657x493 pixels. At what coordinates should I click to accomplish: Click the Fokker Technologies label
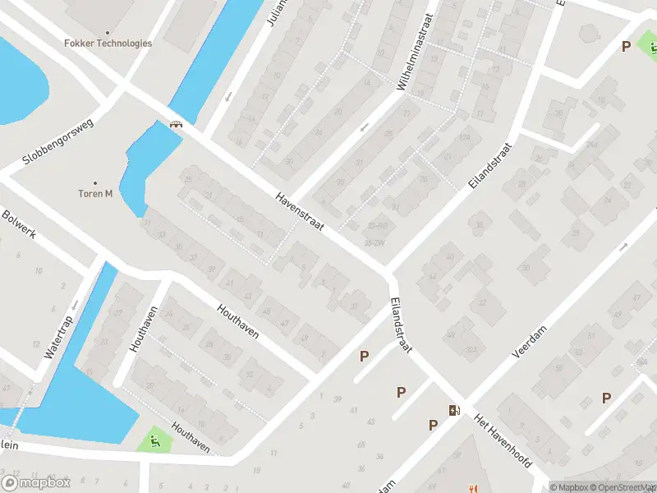[x=108, y=43]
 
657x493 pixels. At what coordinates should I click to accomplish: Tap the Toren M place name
[x=96, y=194]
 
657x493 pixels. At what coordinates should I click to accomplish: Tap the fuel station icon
[x=453, y=410]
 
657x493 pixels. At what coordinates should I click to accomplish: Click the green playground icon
[x=154, y=441]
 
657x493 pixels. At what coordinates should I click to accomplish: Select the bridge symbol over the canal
[x=175, y=125]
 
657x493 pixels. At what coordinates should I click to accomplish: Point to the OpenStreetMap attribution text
[x=616, y=487]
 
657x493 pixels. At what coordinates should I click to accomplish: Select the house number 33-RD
[x=379, y=225]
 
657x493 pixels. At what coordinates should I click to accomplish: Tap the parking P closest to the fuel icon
[x=433, y=425]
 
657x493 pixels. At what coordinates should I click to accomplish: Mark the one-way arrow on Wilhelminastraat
[x=364, y=127]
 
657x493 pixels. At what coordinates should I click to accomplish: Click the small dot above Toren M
[x=95, y=182]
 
